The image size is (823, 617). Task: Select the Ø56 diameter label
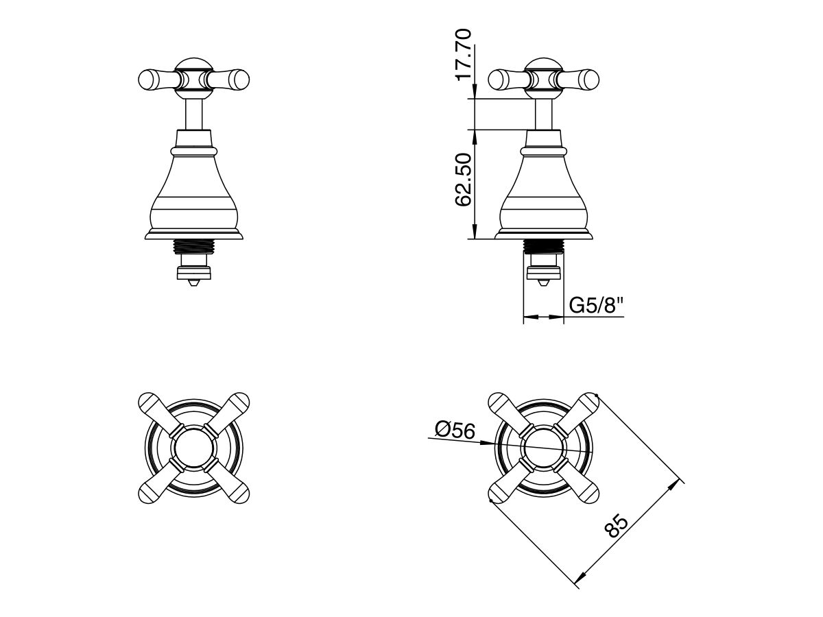[x=455, y=431]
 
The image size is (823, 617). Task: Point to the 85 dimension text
[x=617, y=528]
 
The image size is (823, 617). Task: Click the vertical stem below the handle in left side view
[x=194, y=112]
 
